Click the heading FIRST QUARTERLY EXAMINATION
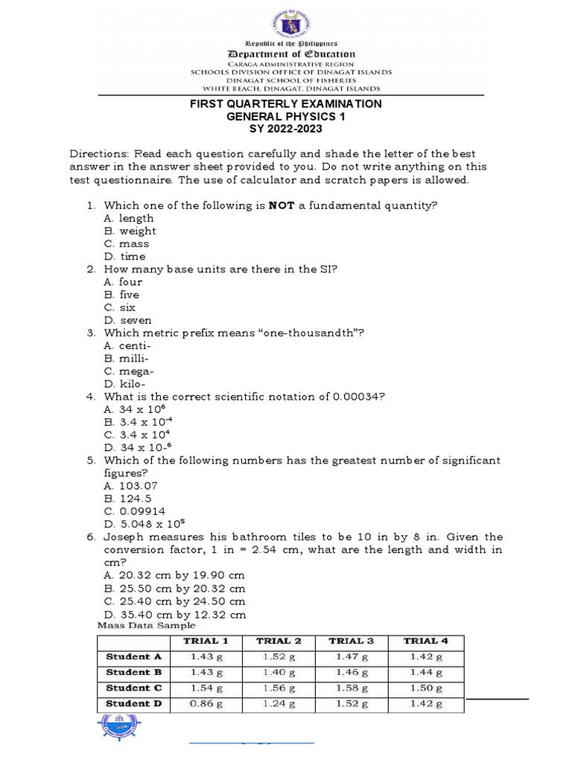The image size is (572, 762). click(285, 104)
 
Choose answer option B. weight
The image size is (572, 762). click(130, 231)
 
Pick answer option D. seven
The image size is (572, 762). click(128, 320)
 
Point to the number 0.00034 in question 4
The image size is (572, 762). click(355, 397)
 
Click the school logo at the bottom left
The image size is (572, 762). click(118, 729)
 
